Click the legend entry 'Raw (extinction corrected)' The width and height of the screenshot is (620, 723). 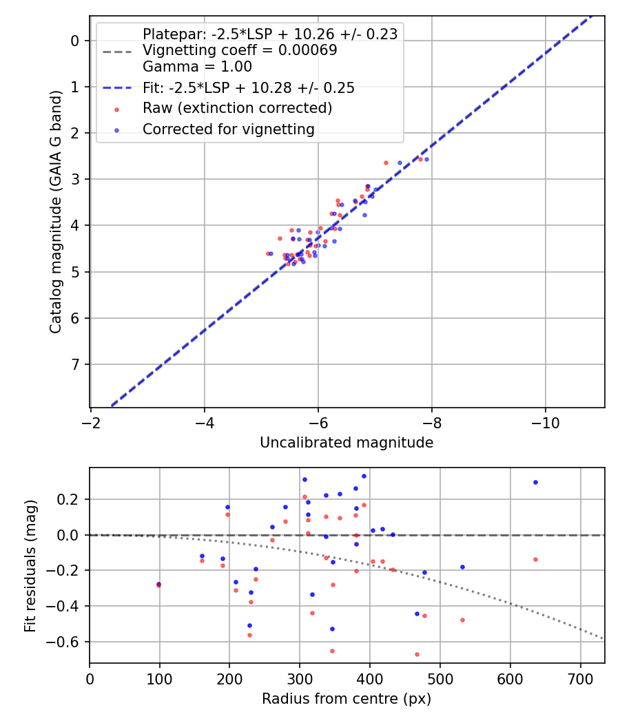coord(237,108)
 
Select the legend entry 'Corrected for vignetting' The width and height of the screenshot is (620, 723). coord(228,129)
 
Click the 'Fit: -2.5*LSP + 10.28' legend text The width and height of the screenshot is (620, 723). coord(248,87)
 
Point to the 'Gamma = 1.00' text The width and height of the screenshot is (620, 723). coord(197,67)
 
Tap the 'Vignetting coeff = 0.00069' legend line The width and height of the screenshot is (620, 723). coord(239,50)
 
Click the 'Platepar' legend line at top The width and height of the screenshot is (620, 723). coord(269,34)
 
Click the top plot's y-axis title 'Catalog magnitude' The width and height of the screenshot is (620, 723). coord(57,212)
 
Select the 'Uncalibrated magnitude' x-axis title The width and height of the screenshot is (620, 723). coord(347,443)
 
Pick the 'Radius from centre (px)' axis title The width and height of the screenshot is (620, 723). coord(347,699)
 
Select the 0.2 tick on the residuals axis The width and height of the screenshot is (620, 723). coord(69,499)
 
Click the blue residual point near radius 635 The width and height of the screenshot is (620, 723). coord(535,482)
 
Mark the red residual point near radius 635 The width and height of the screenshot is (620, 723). coord(535,559)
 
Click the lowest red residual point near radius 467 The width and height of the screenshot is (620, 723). coord(417,654)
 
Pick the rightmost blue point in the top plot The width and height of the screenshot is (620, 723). coord(426,159)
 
